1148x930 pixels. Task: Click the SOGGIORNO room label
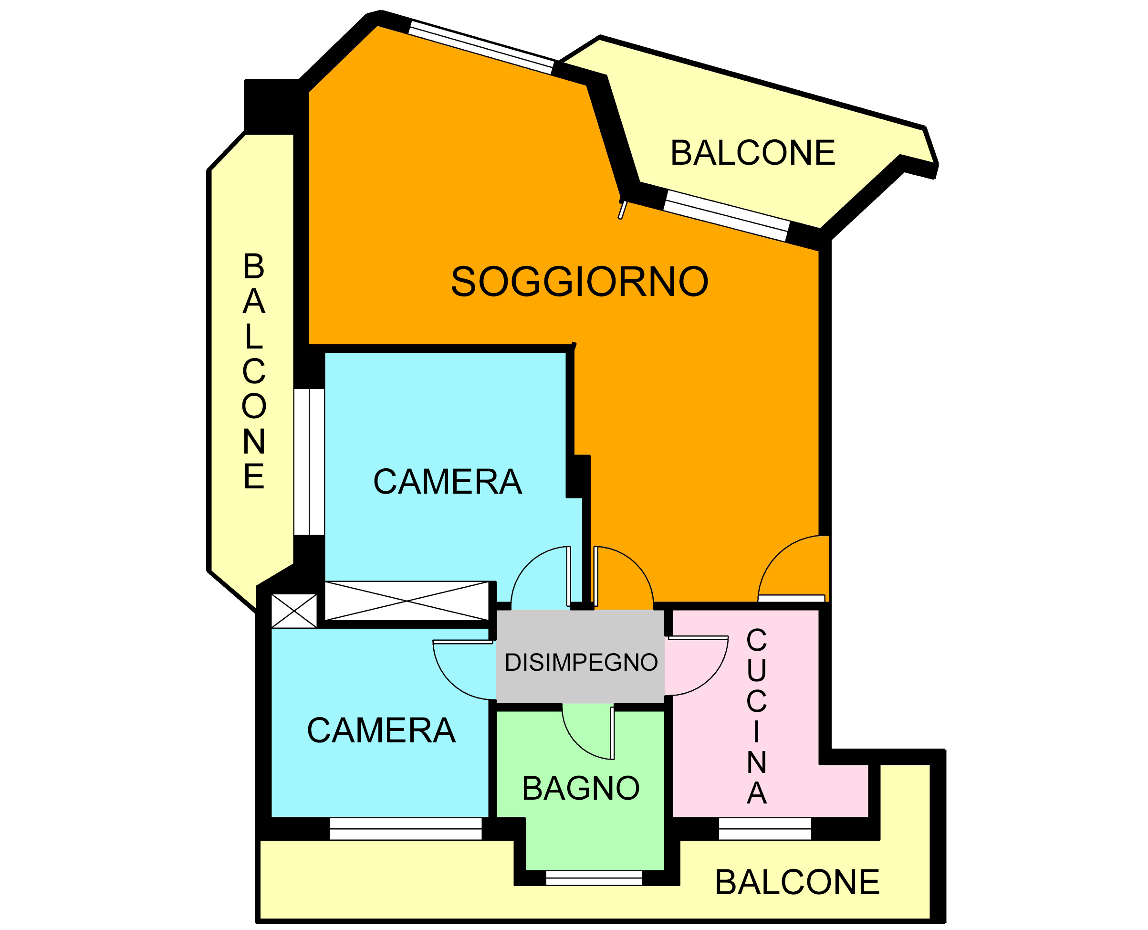579,282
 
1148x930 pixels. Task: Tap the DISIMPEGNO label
581,663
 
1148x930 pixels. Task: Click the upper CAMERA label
447,482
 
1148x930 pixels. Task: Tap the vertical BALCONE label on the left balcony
254,371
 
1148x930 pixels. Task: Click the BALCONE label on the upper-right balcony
752,153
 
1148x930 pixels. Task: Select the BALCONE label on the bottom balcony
797,882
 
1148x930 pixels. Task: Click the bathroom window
594,878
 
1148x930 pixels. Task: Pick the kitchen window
765,829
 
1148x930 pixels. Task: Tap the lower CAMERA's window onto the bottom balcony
406,829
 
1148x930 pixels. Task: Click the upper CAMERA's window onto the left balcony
309,462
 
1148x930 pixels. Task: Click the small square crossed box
294,611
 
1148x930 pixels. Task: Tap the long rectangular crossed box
407,601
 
